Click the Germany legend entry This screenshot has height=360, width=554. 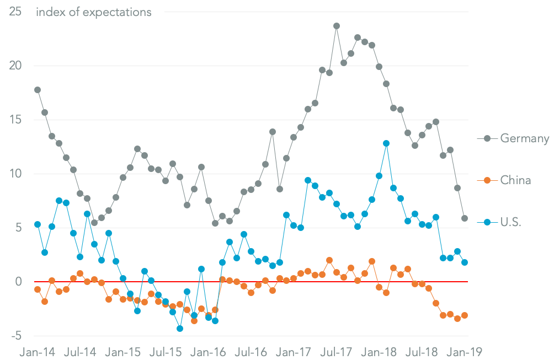coord(524,138)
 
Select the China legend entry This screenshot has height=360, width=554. coord(515,180)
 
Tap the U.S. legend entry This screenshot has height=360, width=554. coord(510,223)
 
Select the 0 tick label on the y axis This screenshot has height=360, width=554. coord(18,282)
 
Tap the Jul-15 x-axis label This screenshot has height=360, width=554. coord(166,351)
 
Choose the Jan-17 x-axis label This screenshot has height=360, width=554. coord(295,351)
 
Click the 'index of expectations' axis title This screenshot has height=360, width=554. coord(93,12)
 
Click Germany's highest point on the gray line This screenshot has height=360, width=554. coord(337,26)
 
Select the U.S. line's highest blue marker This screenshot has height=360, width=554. coord(386,143)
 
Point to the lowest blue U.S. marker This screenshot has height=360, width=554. coord(180,329)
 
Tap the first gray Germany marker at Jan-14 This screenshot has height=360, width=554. coord(38,90)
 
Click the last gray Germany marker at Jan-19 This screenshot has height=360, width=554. coord(465,218)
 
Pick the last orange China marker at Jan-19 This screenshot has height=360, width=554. coord(465,315)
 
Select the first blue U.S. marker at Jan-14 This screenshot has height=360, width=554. coord(38,224)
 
